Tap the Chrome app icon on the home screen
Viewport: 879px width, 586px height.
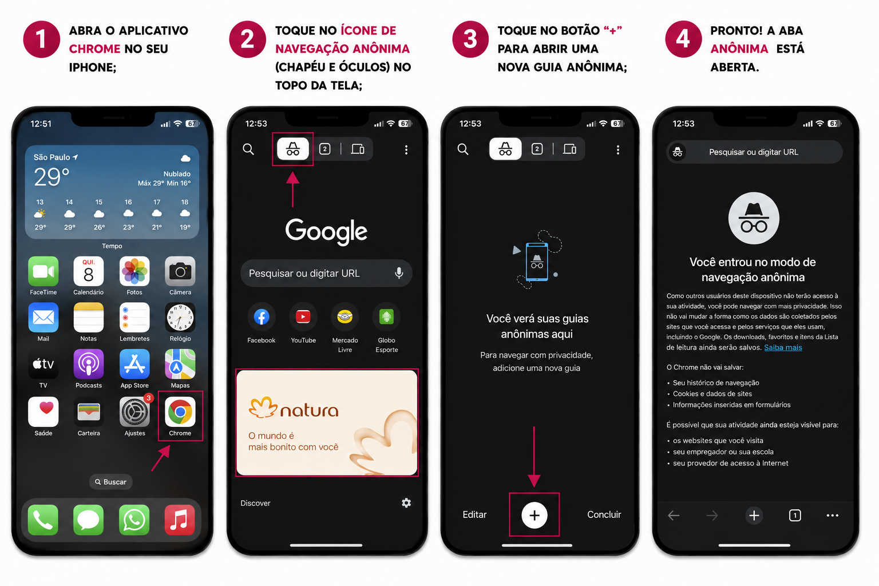click(x=180, y=411)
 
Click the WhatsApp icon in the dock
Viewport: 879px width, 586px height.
click(x=134, y=520)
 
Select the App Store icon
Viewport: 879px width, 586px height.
click(x=134, y=364)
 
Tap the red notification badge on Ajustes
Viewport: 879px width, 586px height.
click(x=148, y=398)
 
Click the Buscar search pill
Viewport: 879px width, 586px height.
click(x=110, y=482)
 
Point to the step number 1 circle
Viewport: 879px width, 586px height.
click(x=42, y=39)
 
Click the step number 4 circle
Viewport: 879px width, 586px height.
click(x=684, y=39)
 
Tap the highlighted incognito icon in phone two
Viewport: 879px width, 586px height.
click(x=293, y=149)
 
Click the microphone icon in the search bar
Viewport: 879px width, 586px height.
click(x=399, y=273)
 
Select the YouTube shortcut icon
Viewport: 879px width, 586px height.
click(x=303, y=316)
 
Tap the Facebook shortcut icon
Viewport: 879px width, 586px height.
click(x=262, y=316)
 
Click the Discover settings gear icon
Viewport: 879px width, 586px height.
click(x=406, y=503)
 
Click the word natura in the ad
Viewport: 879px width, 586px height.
click(x=309, y=410)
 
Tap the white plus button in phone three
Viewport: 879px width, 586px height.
click(x=534, y=515)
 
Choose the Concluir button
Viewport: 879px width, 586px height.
click(x=604, y=514)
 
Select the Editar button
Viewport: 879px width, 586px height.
click(x=474, y=514)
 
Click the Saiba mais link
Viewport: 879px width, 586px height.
click(x=783, y=347)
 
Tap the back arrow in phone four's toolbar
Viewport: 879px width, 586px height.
click(x=674, y=516)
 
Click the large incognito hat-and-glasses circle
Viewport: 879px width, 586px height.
click(x=754, y=218)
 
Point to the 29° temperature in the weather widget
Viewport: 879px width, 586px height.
click(x=52, y=177)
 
